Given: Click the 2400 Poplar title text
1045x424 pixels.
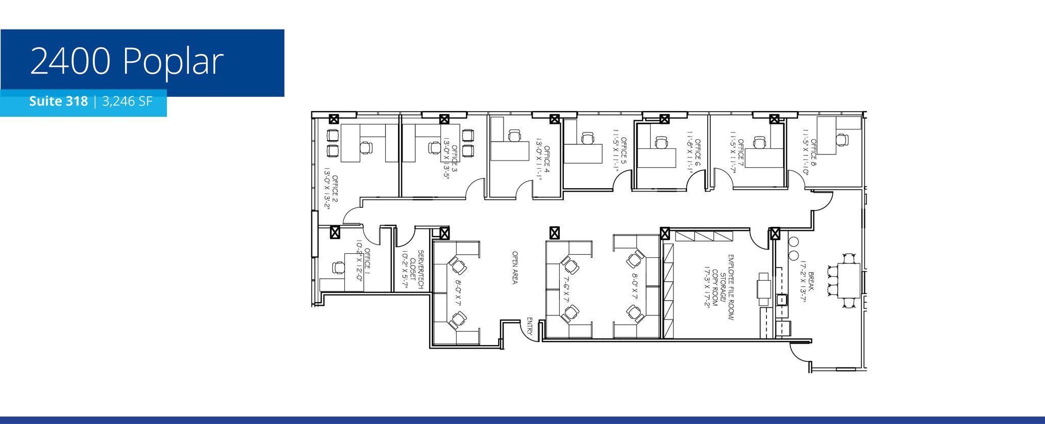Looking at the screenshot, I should pyautogui.click(x=127, y=62).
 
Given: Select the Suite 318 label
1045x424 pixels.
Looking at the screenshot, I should pyautogui.click(x=58, y=101).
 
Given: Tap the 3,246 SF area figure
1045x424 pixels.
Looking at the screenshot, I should pyautogui.click(x=128, y=101).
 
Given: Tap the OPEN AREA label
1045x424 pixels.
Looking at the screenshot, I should pyautogui.click(x=515, y=267).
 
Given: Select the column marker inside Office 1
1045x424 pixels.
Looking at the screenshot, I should pyautogui.click(x=335, y=233).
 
